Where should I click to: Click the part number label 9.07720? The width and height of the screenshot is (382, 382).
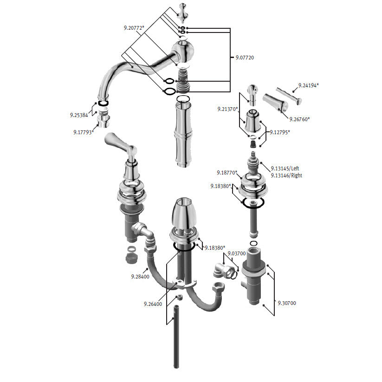[245, 58]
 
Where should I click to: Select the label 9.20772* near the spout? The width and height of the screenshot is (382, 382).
[134, 28]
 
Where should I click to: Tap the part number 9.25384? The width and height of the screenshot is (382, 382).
[79, 115]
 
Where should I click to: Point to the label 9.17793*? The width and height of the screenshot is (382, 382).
[84, 133]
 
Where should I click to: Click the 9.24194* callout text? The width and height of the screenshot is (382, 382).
[309, 85]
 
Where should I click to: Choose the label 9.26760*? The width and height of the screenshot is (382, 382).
[300, 119]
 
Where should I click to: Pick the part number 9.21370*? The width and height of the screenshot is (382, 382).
[227, 109]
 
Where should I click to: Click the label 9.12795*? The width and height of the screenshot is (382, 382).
[280, 132]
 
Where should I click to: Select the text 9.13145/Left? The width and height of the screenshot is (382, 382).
[285, 168]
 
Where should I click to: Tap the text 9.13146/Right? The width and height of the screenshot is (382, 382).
[286, 175]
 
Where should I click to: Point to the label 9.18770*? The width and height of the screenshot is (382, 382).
[227, 173]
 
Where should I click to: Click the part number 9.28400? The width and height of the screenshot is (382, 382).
[140, 277]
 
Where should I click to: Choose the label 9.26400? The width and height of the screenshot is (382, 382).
[153, 304]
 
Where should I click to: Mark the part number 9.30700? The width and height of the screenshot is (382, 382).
[287, 303]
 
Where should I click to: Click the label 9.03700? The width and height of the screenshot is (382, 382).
[237, 253]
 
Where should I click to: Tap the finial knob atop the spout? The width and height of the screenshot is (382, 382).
[182, 12]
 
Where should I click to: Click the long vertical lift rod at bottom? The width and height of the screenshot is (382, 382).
[176, 337]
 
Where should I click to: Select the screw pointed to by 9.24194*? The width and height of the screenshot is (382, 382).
[289, 95]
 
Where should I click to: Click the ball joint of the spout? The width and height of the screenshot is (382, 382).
[184, 52]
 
